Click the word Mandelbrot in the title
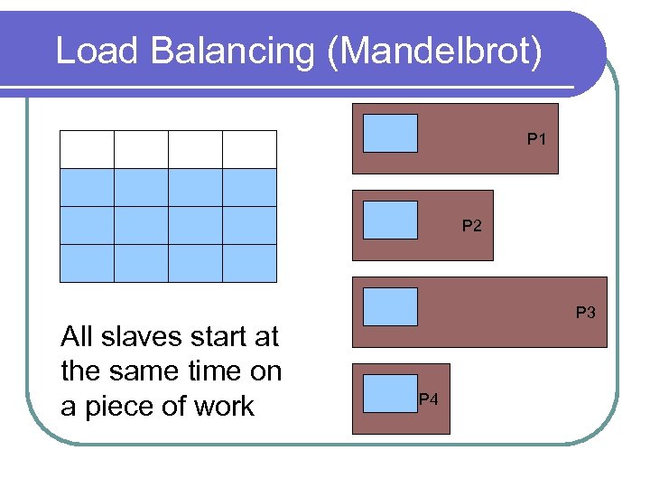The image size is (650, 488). coord(437,52)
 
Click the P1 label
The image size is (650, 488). coord(538,140)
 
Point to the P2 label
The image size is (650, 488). coord(472,226)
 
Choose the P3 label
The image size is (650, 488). coord(586,313)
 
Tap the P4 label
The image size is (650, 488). coord(429,399)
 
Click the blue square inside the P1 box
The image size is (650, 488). coord(390,133)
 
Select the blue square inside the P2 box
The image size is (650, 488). coord(390,220)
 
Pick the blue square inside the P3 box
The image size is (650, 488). coord(390,306)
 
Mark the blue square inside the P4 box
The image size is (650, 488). coord(390,393)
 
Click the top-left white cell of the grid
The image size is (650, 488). coord(87,149)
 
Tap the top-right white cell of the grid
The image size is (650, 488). coord(249,149)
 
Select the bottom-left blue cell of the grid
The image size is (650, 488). coord(87,263)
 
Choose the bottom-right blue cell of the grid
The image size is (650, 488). coord(249,263)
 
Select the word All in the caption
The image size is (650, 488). coord(76,338)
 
